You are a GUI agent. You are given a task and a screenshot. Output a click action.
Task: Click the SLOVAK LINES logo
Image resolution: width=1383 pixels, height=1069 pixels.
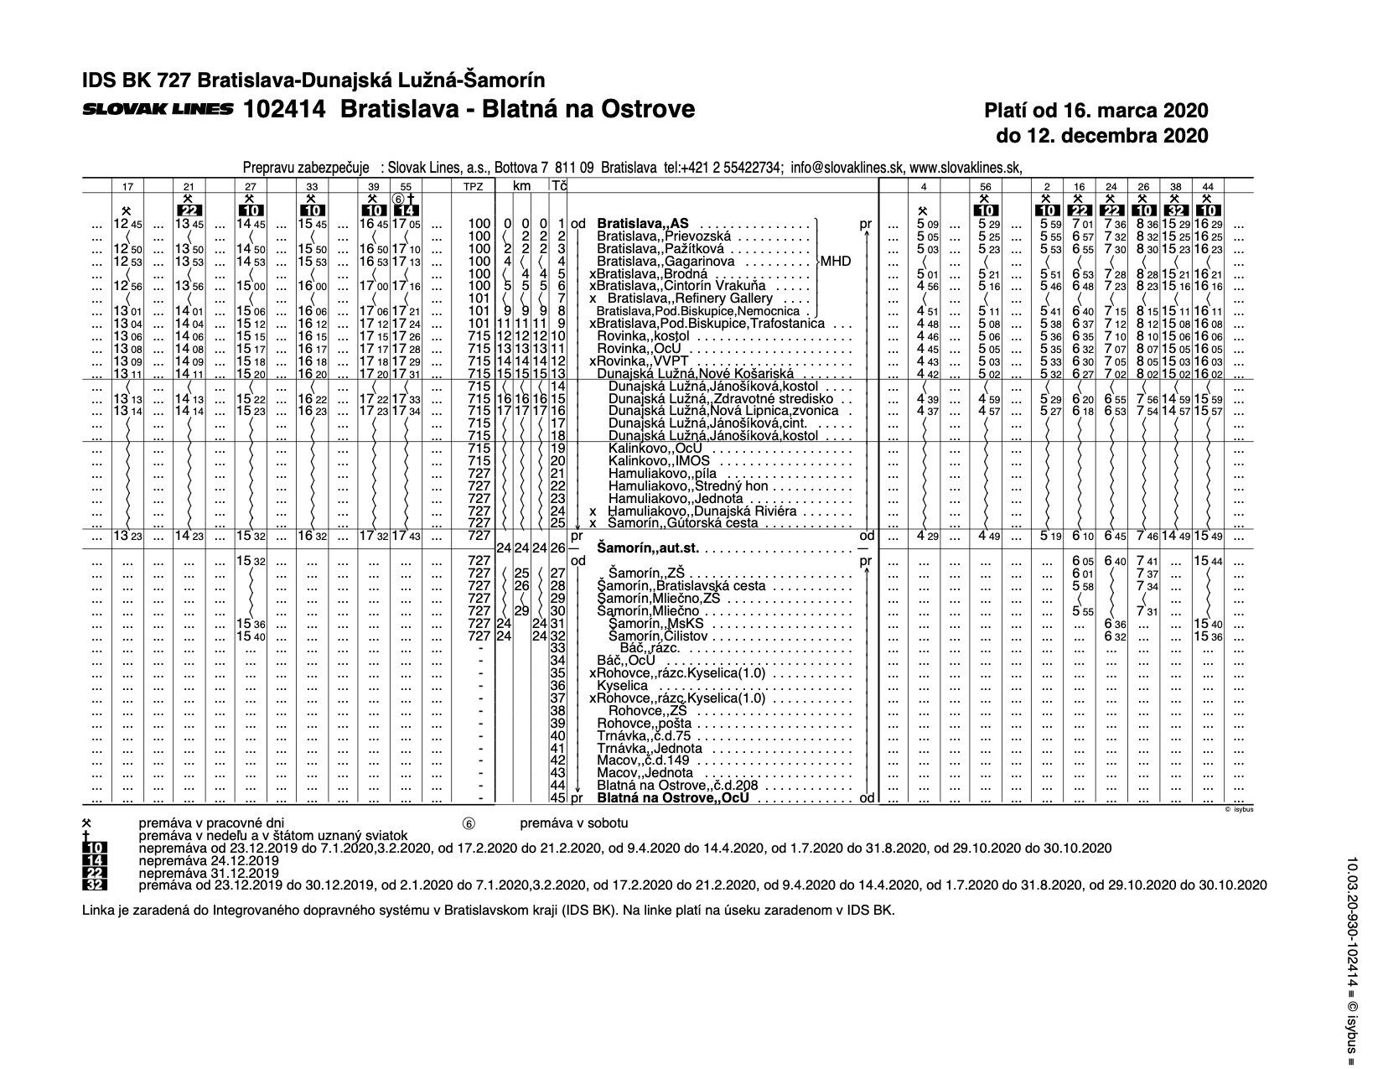pos(158,110)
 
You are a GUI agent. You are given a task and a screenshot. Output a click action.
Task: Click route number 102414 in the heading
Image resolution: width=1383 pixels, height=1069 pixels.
pos(284,110)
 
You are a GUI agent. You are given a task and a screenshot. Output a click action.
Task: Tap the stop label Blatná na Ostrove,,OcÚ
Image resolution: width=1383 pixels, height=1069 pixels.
pos(672,798)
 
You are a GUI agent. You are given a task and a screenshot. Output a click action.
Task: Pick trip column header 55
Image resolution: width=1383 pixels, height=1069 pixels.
pos(407,185)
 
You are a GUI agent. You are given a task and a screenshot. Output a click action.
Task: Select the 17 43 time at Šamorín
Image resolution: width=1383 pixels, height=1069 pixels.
pos(407,536)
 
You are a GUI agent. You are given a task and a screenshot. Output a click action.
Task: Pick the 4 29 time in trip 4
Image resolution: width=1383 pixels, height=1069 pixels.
pos(926,536)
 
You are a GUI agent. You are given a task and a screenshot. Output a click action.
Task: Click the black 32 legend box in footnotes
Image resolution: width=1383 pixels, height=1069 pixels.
pos(95,885)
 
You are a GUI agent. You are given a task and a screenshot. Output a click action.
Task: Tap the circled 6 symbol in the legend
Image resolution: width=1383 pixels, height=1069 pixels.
pos(469,824)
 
